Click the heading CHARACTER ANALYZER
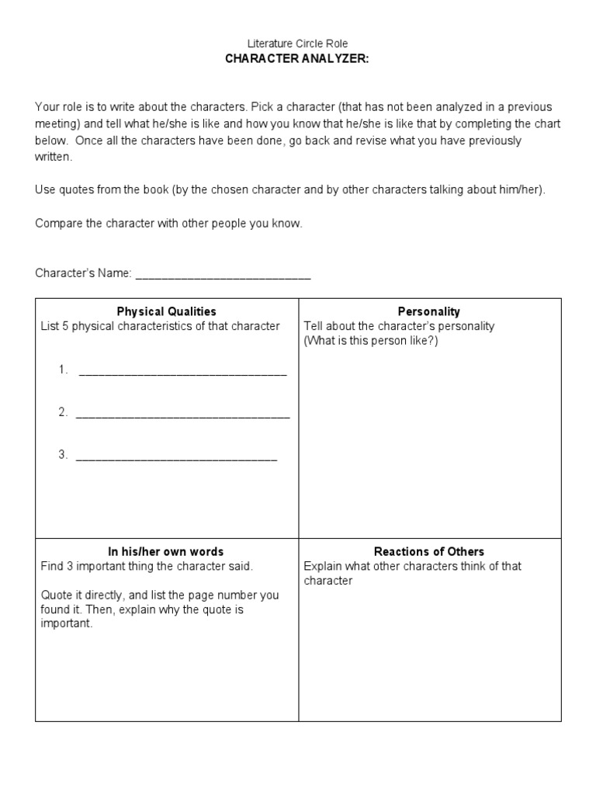[298, 59]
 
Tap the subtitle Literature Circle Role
[298, 44]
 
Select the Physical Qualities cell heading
[166, 311]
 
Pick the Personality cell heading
[428, 311]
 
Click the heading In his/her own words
[166, 552]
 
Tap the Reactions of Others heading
[428, 552]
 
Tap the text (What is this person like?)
[371, 341]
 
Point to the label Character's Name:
[84, 273]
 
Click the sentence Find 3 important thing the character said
[147, 567]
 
